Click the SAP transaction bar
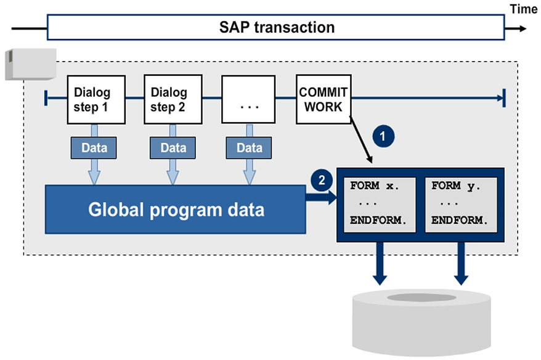pos(276,28)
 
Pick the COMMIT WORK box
pos(323,99)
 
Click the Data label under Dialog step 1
pos(94,148)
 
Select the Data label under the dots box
pos(250,148)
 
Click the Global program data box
pos(176,210)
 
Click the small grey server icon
pos(30,63)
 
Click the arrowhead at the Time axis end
pos(523,28)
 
